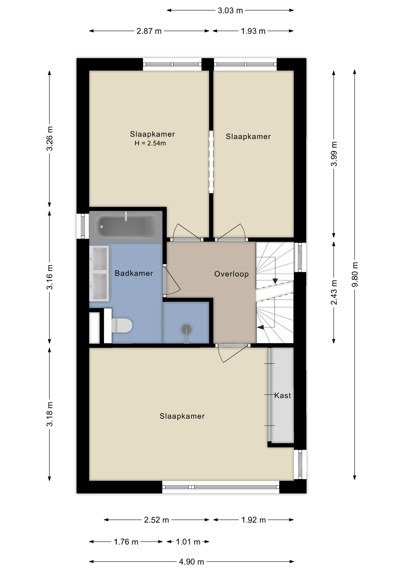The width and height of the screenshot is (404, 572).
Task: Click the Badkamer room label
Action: point(134,273)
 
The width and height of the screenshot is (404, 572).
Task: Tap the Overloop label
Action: point(231,274)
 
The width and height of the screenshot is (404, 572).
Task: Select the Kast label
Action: point(283,395)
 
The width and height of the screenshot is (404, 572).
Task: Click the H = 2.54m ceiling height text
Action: point(150,143)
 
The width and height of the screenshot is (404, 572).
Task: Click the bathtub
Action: point(126,227)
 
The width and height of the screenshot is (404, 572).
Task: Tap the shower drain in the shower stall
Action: point(187,329)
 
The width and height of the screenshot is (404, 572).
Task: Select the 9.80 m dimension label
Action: point(355,274)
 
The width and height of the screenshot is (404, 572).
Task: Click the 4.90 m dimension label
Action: point(191,562)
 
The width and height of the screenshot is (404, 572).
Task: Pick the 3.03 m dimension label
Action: point(230,10)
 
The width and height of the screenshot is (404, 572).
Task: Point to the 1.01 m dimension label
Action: point(188,542)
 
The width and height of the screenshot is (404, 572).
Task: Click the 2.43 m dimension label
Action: point(334,292)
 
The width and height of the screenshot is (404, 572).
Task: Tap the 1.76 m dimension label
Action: point(126,542)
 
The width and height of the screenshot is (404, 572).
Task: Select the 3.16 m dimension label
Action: point(49,277)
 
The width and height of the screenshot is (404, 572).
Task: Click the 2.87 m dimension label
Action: point(149,31)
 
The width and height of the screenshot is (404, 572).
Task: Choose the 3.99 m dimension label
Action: point(334,154)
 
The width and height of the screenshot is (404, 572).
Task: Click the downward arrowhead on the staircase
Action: point(275,281)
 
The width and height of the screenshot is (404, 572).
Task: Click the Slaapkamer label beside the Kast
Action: point(182,416)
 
